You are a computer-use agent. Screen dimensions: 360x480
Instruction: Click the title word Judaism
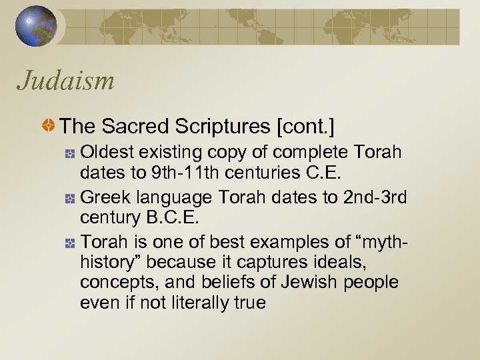(66, 81)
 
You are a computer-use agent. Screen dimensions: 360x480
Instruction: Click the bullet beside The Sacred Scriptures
(49, 125)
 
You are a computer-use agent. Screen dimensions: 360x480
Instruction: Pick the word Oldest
(106, 153)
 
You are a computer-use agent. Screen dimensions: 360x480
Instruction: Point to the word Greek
(104, 199)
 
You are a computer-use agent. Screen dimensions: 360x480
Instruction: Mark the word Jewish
(312, 283)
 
